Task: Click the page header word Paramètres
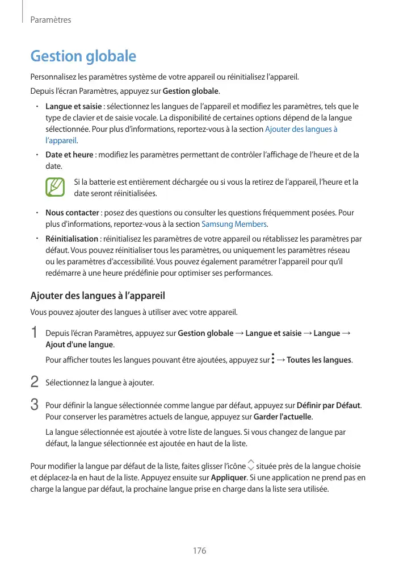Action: pos(51,20)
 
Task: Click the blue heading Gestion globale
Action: pos(83,56)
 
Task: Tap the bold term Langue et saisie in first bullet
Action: pos(73,107)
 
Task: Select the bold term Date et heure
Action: pos(69,155)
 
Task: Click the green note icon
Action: pos(56,188)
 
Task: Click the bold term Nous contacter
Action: pos(72,213)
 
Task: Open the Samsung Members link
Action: pos(226,224)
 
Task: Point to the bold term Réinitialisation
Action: pos(72,239)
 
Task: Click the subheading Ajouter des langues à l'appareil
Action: pos(97,296)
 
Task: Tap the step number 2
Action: pos(35,382)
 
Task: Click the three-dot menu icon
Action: pos(273,359)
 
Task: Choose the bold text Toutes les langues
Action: pos(319,360)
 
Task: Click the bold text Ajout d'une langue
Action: pos(79,345)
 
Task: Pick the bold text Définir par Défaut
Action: pos(329,405)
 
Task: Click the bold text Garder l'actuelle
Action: pos(283,417)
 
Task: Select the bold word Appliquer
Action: pos(228,478)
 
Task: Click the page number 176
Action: pos(199,551)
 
